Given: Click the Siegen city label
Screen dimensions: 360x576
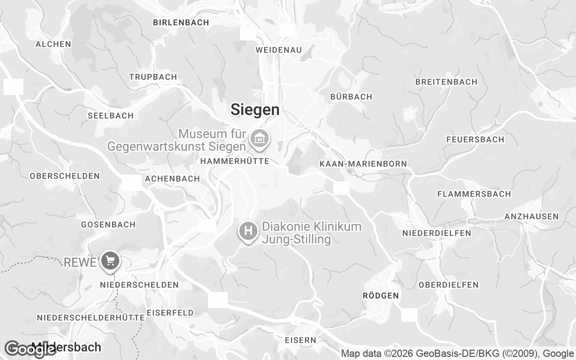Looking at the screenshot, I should tap(255, 109).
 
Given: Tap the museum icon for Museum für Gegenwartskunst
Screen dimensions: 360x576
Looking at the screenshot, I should tap(259, 139).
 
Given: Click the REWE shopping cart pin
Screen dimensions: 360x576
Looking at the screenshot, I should tap(109, 261).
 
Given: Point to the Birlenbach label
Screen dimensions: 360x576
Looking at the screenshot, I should tap(181, 22).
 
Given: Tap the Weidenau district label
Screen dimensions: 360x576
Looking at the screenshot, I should tap(279, 50).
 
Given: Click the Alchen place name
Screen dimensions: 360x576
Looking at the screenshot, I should tap(53, 44).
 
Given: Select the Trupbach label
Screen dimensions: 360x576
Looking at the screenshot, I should tap(153, 77).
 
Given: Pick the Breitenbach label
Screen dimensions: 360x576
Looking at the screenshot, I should tap(446, 82).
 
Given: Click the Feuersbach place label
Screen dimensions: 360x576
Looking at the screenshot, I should tap(475, 139).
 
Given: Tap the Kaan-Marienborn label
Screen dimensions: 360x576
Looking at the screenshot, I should tap(363, 164).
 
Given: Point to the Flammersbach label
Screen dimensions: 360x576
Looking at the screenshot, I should tap(474, 194).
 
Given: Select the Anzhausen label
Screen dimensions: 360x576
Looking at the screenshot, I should tap(531, 216).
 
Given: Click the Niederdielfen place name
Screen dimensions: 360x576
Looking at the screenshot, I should tap(436, 233).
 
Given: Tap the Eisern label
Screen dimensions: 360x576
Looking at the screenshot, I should tap(301, 340).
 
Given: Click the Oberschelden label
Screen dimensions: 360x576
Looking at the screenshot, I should tap(65, 176).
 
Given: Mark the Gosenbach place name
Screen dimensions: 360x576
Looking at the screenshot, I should tap(108, 225).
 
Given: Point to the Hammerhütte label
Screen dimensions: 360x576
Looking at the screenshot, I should tap(234, 161).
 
